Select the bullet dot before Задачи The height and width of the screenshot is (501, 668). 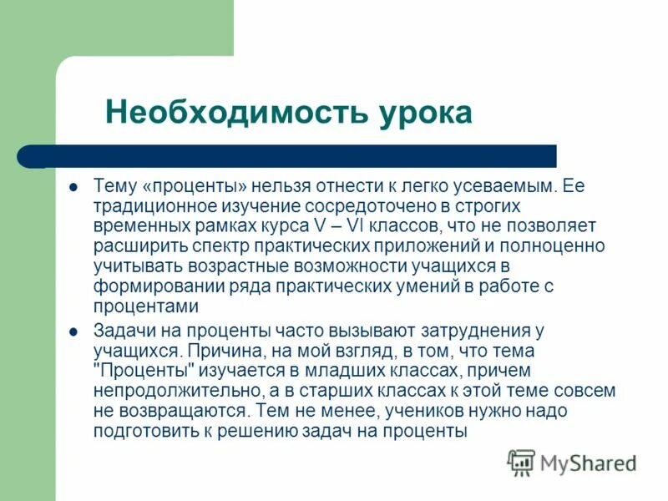(x=73, y=331)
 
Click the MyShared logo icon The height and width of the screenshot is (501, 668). (x=521, y=462)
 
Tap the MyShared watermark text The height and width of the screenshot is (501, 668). (x=588, y=463)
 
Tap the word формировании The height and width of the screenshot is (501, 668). (x=144, y=286)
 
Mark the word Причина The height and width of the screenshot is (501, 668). (x=214, y=351)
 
